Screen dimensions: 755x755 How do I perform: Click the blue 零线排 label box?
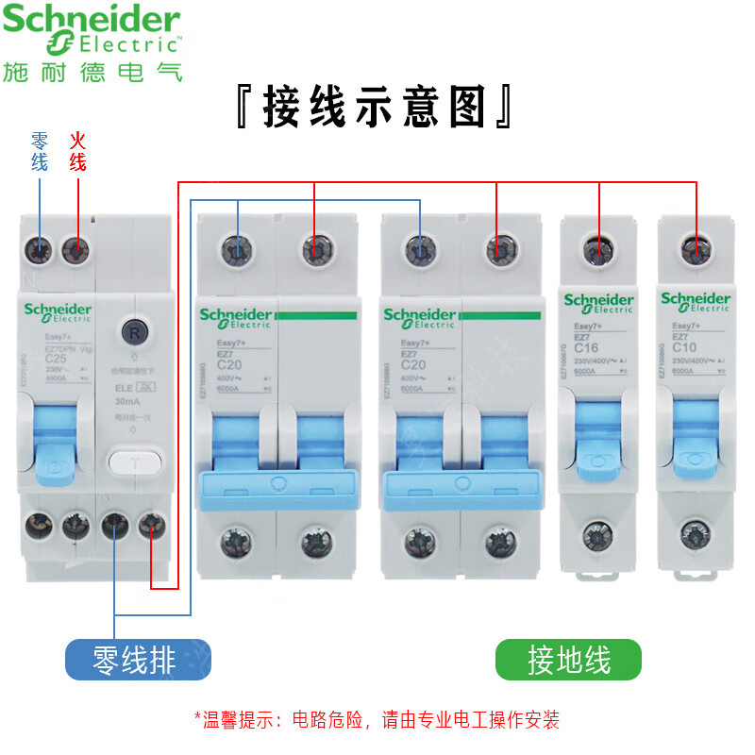click(138, 659)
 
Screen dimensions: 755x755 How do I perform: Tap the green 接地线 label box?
click(568, 659)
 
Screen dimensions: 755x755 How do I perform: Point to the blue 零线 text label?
click(39, 151)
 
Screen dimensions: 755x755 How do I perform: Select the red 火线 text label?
click(77, 151)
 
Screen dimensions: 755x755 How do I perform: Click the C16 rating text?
click(586, 348)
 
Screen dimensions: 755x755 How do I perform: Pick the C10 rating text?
click(684, 347)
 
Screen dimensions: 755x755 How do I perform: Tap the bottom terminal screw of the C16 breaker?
click(597, 535)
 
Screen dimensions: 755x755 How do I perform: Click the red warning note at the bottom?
click(377, 720)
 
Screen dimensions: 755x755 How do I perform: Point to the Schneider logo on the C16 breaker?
click(598, 303)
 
